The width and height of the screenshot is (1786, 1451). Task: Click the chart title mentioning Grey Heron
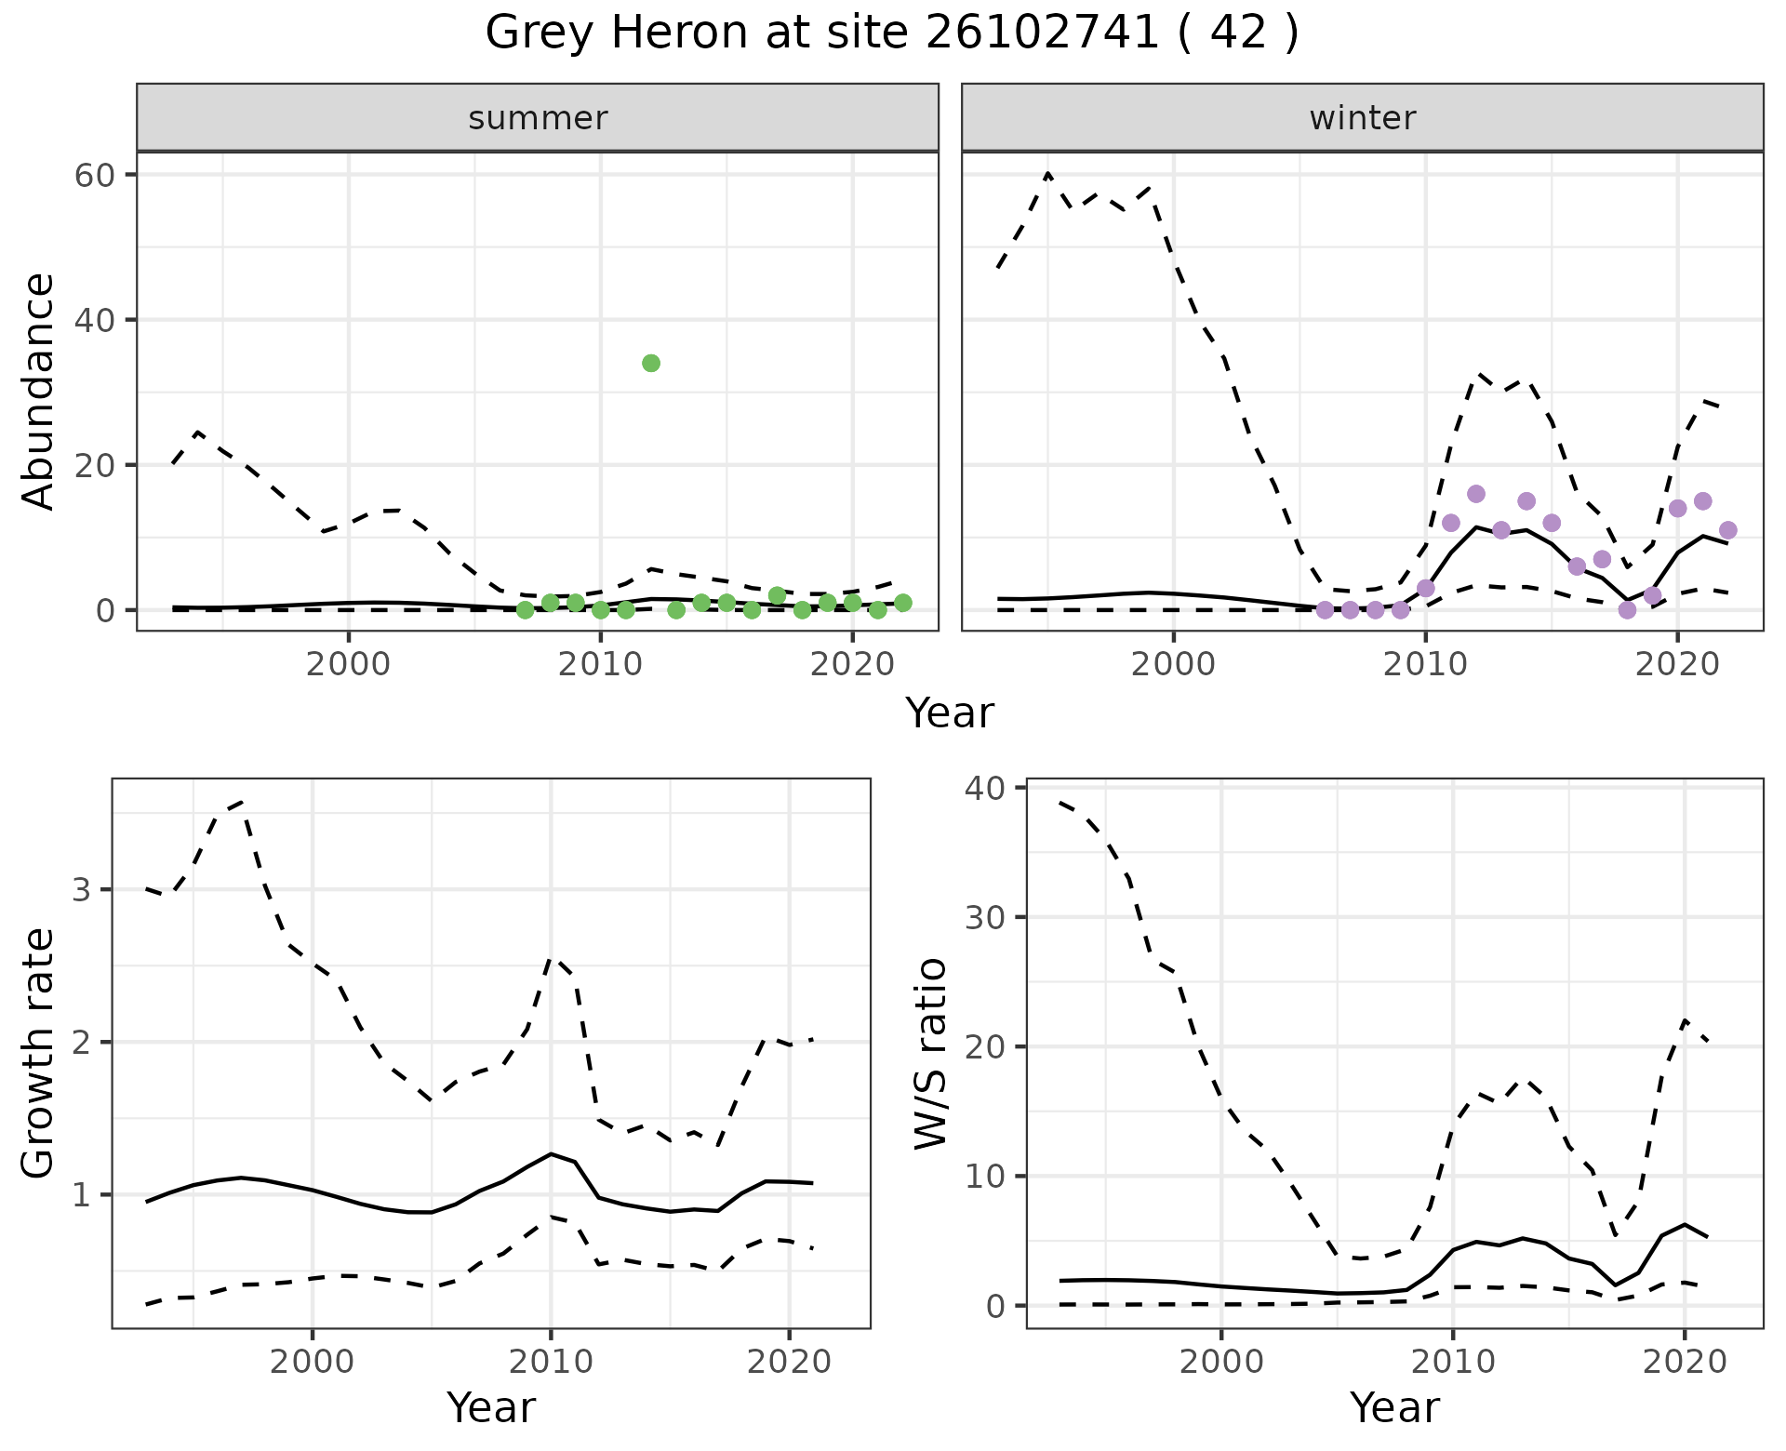pos(891,33)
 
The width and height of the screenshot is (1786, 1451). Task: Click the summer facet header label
pos(538,118)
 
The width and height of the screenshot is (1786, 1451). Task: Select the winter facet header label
pos(1362,118)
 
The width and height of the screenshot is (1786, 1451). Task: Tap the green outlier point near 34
pos(651,363)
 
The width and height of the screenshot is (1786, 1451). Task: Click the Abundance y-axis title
pos(39,391)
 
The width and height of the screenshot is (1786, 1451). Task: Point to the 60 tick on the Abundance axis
pos(93,175)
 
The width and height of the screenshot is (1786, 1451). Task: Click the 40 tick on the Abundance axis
pos(93,320)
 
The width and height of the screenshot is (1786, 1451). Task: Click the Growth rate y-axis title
pos(39,1053)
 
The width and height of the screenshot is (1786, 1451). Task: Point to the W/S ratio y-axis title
pos(930,1053)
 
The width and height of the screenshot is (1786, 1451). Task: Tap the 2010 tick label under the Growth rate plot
pos(551,1363)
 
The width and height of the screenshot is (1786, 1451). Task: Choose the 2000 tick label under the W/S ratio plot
pos(1221,1363)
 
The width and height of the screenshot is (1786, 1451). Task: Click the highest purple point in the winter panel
pos(1476,494)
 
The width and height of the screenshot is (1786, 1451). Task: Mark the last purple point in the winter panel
pos(1728,530)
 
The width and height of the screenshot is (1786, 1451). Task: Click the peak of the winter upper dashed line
pos(1048,173)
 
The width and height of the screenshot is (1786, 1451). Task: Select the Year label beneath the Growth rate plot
pos(491,1407)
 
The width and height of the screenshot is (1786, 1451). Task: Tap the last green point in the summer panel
pos(902,603)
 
